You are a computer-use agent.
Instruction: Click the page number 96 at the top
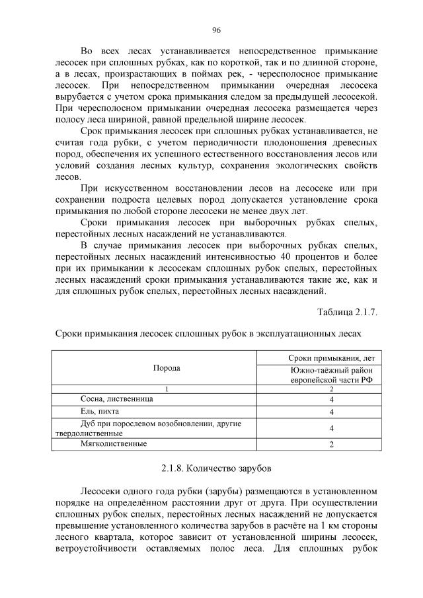(x=215, y=30)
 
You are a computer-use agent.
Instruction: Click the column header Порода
(x=167, y=369)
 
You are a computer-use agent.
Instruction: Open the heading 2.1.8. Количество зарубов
(x=215, y=468)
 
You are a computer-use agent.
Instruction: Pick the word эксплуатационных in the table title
(x=295, y=334)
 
